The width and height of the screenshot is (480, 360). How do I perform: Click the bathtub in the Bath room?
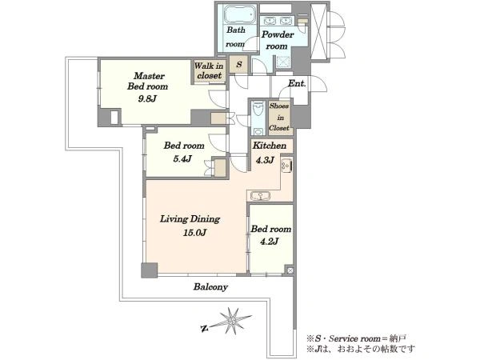(x=240, y=14)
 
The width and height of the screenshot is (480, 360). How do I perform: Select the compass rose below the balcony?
(x=232, y=321)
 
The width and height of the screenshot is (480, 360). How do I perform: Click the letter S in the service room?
(x=239, y=64)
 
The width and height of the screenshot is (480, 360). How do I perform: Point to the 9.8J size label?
(x=147, y=98)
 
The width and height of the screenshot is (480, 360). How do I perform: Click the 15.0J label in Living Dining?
(x=194, y=233)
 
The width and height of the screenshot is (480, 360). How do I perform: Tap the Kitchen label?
(x=270, y=146)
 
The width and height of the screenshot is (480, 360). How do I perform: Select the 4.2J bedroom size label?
(x=270, y=242)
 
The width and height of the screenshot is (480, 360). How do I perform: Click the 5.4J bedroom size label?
(x=182, y=158)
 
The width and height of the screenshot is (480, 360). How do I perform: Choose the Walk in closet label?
(x=209, y=70)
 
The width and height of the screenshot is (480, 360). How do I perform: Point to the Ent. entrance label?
(x=297, y=83)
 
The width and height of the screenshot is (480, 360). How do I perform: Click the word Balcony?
(x=210, y=287)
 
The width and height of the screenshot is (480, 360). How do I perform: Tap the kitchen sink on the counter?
(x=260, y=196)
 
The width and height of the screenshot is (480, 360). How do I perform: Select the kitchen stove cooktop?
(x=286, y=166)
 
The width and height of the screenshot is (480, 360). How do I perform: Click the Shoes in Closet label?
(x=279, y=117)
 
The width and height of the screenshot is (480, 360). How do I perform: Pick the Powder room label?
(x=278, y=40)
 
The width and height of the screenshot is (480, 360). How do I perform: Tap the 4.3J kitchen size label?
(x=265, y=159)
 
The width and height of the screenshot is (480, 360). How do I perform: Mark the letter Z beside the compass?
(x=204, y=329)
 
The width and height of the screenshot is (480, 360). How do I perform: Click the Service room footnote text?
(x=357, y=338)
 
